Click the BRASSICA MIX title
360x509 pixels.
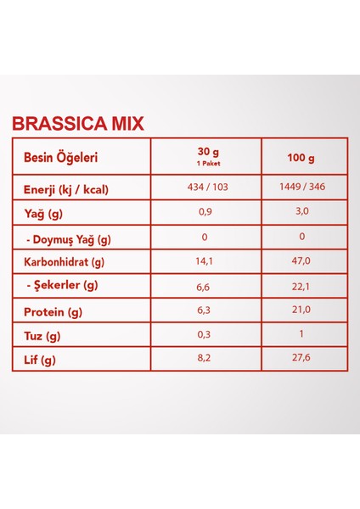click(x=77, y=124)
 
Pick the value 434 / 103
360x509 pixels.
click(x=205, y=187)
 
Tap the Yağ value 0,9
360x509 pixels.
click(x=205, y=212)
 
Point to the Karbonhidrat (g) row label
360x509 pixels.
click(x=64, y=262)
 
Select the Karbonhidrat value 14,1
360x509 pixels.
click(x=205, y=262)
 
